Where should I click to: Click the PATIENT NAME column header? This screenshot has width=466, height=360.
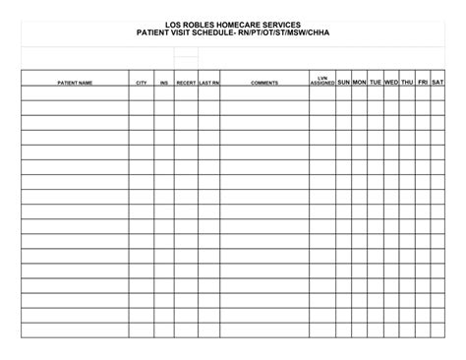(x=75, y=83)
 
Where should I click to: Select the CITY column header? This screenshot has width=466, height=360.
(x=142, y=83)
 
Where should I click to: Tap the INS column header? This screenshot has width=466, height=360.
(x=164, y=83)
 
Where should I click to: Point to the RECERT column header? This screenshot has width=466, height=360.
(x=186, y=83)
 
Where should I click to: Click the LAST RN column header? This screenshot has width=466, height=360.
(x=208, y=83)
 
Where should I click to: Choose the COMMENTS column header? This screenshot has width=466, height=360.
(x=264, y=83)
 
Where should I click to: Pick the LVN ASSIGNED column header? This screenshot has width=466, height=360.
(x=321, y=81)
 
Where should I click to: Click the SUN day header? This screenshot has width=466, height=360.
(x=344, y=82)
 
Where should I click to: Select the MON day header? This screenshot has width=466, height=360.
(x=360, y=82)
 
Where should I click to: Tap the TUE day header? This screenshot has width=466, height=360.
(x=376, y=82)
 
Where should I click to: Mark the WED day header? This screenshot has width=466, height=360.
(x=391, y=82)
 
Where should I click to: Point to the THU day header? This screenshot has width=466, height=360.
(x=407, y=82)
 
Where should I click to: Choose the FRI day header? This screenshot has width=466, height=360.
(x=423, y=82)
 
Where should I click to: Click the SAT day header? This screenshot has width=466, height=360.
(x=438, y=82)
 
